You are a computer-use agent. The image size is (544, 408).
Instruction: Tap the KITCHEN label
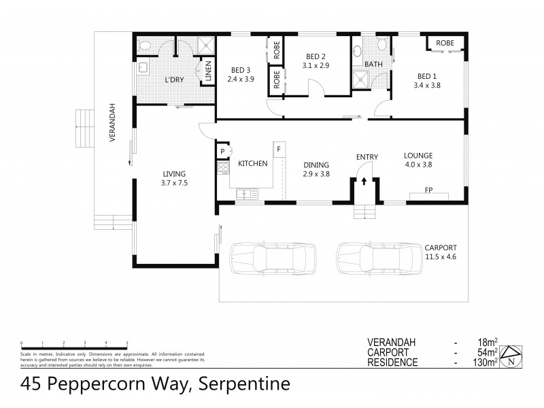(x=252, y=164)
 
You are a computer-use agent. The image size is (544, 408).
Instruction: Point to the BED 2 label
(x=316, y=56)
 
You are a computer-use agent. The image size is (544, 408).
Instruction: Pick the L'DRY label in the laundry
(x=175, y=80)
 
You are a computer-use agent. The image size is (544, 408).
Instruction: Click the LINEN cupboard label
(x=208, y=71)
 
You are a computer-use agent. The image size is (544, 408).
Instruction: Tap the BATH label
(x=373, y=65)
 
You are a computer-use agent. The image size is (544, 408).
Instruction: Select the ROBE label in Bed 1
(x=445, y=42)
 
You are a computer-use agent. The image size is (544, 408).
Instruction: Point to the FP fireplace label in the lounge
(x=429, y=191)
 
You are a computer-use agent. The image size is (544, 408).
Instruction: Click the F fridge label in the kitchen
(x=278, y=148)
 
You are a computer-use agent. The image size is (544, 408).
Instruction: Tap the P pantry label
(x=222, y=152)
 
